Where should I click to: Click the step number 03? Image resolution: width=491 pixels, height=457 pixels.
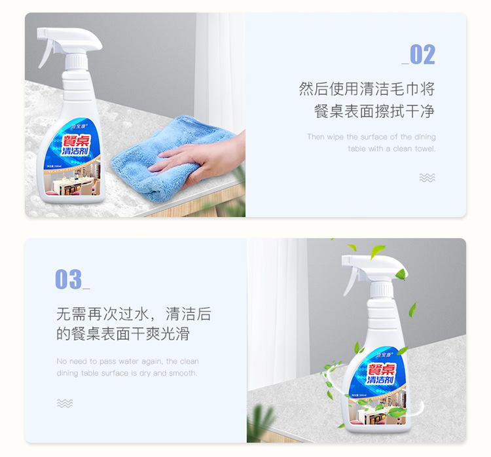click(x=69, y=280)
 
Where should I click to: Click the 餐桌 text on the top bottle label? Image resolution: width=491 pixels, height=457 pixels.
click(x=77, y=138)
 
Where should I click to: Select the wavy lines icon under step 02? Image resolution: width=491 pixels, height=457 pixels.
click(x=427, y=177)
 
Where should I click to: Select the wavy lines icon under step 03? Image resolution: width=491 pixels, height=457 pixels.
click(x=64, y=403)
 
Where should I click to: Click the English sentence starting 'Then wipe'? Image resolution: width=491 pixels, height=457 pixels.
click(x=371, y=143)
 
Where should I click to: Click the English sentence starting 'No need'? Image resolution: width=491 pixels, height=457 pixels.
click(x=128, y=367)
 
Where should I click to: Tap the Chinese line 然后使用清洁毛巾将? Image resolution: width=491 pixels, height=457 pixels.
click(x=367, y=89)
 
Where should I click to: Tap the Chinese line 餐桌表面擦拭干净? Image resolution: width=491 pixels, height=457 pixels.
click(x=374, y=111)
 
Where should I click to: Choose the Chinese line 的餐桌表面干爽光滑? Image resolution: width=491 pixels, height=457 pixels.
click(x=122, y=334)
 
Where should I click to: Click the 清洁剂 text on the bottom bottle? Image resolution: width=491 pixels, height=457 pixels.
click(x=380, y=380)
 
